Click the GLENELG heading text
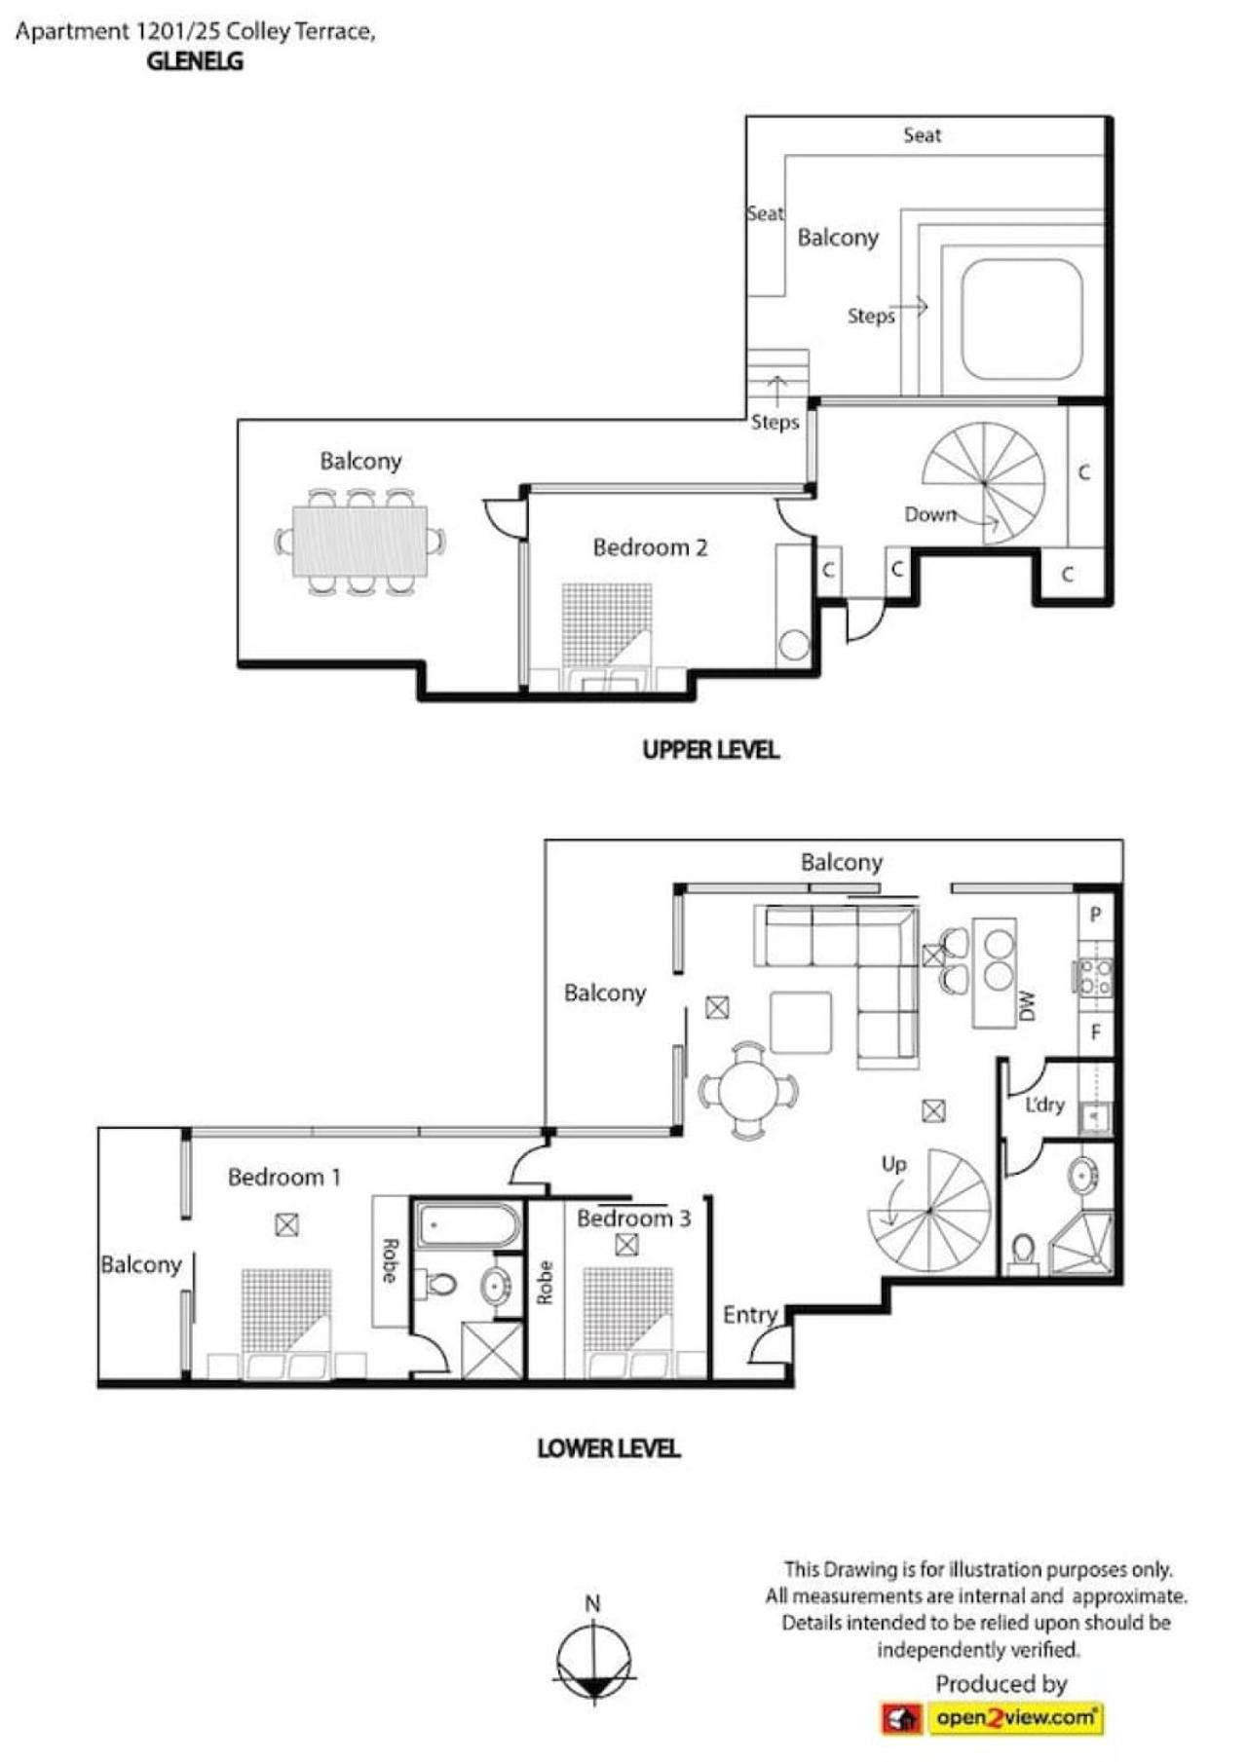195,60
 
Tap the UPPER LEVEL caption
710,749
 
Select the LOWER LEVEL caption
609,1447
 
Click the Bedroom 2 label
650,547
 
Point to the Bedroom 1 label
284,1177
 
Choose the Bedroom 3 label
633,1218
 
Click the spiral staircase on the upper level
984,483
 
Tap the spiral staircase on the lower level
929,1211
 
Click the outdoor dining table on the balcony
360,542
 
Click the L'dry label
1044,1105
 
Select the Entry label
750,1315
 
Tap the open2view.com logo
992,1718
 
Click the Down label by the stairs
930,514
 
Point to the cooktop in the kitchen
1094,977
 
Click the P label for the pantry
1095,915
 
